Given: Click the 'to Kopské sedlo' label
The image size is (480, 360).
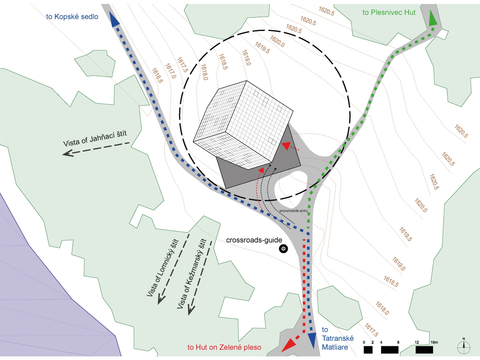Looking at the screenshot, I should [72, 17].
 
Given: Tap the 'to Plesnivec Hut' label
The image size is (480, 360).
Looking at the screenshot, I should [389, 12].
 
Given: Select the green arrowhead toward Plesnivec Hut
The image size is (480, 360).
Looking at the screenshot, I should [432, 18].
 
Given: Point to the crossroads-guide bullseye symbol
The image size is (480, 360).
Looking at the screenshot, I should [283, 249].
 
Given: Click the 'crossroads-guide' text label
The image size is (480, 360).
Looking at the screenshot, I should [254, 240].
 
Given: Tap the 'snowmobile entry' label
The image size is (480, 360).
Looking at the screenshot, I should [293, 211].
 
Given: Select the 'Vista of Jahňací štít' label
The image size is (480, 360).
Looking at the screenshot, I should [95, 139].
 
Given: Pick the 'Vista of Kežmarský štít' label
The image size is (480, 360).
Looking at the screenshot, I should [192, 274].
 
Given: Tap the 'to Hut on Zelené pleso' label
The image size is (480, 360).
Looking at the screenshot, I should [224, 347].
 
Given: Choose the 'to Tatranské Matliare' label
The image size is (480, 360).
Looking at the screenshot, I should [337, 338].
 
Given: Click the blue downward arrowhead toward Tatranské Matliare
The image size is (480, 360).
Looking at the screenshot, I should [312, 340].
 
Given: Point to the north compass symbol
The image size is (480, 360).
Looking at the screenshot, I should [463, 347].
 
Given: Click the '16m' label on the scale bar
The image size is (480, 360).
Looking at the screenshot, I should [434, 342].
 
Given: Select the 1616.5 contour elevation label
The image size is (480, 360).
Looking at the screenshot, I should [157, 76].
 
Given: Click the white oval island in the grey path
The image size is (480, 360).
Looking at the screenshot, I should [291, 189].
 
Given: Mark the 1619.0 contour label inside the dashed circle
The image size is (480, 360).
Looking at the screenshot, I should [246, 58].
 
